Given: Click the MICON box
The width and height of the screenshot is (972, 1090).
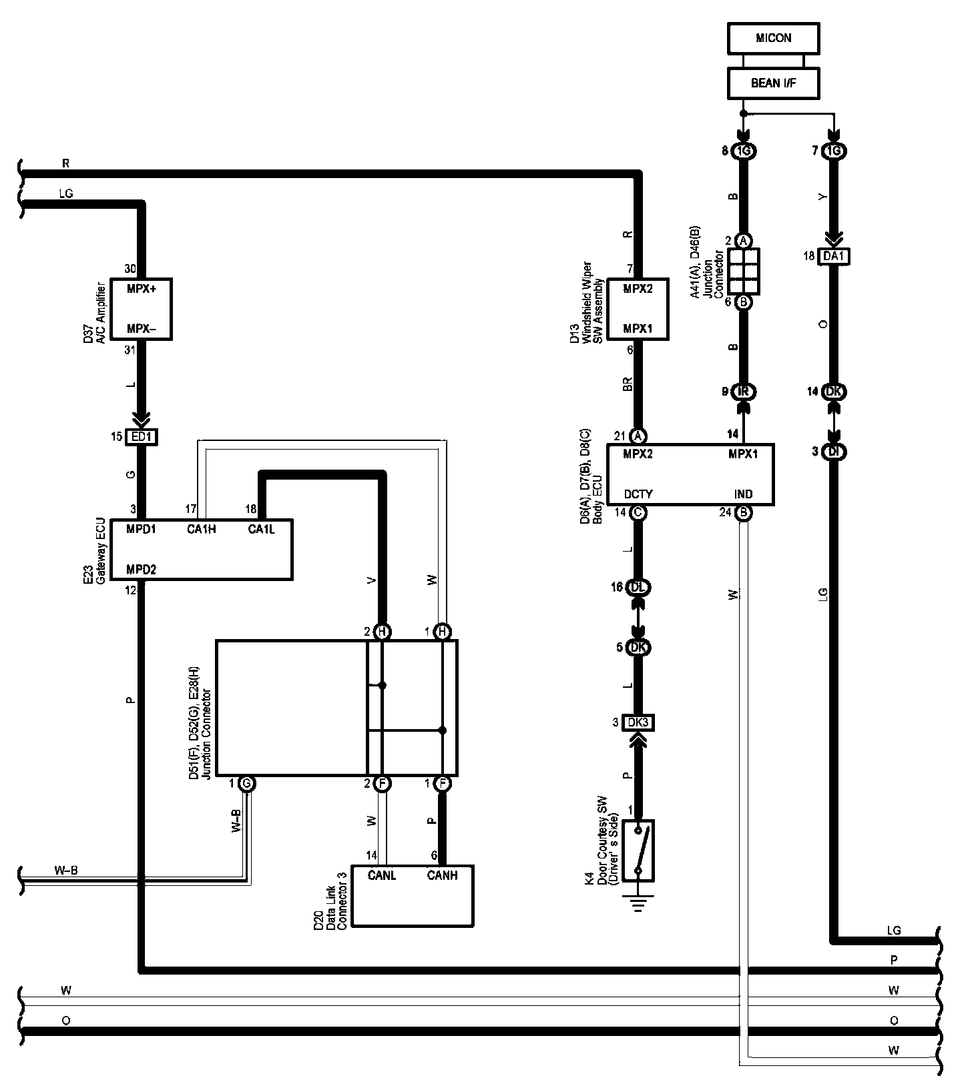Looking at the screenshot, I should pos(773,38).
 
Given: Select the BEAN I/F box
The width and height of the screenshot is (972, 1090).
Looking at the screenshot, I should pos(773,83).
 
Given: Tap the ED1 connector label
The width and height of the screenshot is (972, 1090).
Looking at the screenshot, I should pos(142,438).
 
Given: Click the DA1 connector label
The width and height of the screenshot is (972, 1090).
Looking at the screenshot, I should pos(834,256).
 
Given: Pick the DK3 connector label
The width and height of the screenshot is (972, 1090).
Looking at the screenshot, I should pos(638,722).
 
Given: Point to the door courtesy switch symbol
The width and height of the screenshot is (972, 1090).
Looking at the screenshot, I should pos(638,851).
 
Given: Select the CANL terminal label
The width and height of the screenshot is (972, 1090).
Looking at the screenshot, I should pos(382,875).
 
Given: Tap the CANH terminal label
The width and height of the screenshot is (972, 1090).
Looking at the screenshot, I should pos(442,875).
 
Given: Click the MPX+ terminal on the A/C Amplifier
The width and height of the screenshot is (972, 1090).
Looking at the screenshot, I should pos(142,289).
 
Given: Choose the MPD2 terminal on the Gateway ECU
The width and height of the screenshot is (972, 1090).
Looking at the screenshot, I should pos(142,570).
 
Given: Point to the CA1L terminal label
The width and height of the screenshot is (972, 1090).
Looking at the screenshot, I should pos(261,529).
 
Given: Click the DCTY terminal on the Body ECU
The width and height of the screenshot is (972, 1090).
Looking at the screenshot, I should pos(638,494).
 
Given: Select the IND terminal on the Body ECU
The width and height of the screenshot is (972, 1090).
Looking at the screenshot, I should pos(743,494).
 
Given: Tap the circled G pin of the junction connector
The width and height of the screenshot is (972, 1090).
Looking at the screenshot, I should pos(246,783).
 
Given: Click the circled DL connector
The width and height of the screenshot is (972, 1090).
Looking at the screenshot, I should pos(638,588).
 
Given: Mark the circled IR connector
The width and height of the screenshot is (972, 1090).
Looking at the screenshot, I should pos(744,392).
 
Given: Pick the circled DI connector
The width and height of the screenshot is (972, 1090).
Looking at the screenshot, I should pos(834,452).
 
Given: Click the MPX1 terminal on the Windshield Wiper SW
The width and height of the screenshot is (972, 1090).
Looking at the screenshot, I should pos(638,329).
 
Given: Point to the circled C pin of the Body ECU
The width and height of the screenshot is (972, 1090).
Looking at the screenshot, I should pos(638,513).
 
